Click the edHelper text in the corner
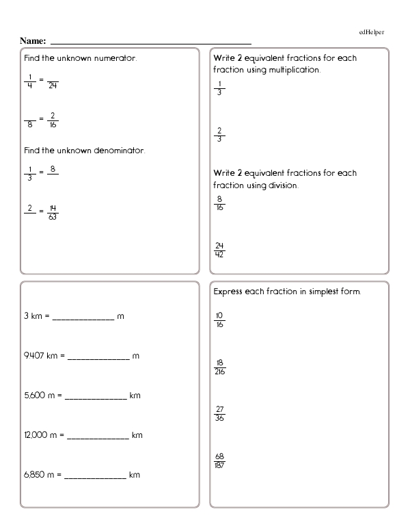pos(372,32)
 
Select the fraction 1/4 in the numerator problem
pos(29,81)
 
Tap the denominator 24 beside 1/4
pos(53,85)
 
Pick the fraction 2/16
pos(53,120)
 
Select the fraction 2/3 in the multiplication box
pos(219,135)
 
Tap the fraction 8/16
pos(219,203)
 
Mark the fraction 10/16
pos(219,320)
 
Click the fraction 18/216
pos(219,367)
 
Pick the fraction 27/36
pos(219,413)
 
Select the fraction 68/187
pos(219,461)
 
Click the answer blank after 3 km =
pos(83,318)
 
